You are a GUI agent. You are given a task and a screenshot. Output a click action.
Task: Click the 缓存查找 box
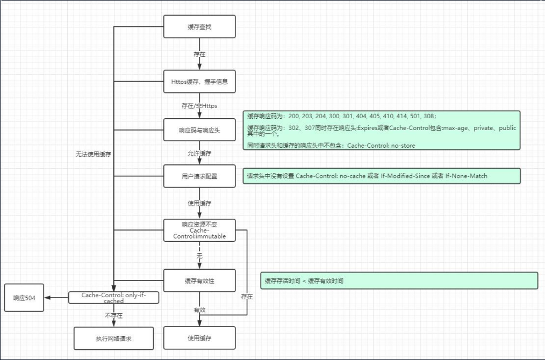[x=199, y=26]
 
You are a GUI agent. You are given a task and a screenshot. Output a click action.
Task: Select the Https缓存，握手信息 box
[x=199, y=82]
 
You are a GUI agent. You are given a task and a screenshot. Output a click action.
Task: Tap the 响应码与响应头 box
[x=199, y=130]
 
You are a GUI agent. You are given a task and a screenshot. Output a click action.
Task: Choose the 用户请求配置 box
[x=199, y=176]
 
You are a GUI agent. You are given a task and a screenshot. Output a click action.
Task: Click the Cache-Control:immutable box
[x=199, y=230]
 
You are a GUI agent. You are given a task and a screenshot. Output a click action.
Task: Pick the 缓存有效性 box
[x=199, y=280]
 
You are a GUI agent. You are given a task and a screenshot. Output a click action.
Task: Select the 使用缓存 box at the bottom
[x=199, y=338]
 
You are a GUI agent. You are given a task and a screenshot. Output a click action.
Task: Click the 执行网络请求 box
[x=113, y=338]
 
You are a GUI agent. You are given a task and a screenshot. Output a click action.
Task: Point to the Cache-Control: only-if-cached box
[x=113, y=298]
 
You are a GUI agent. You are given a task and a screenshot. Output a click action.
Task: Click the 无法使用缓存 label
[x=94, y=154]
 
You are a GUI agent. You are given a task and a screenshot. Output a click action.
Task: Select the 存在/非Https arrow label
[x=199, y=106]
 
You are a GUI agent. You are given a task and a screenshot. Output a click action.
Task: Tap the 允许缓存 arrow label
[x=199, y=154]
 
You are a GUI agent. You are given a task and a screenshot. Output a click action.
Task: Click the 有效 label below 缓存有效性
[x=199, y=310]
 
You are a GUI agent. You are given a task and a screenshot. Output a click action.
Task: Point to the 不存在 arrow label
[x=113, y=316]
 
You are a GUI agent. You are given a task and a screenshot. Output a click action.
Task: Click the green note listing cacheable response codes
[x=382, y=130]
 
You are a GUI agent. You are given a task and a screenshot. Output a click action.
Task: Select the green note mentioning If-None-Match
[x=382, y=176]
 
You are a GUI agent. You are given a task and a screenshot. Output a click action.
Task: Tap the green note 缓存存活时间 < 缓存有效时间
[x=399, y=280]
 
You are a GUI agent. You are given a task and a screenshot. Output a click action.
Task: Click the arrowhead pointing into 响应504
[x=47, y=298]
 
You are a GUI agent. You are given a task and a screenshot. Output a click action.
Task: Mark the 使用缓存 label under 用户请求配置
[x=199, y=204]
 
